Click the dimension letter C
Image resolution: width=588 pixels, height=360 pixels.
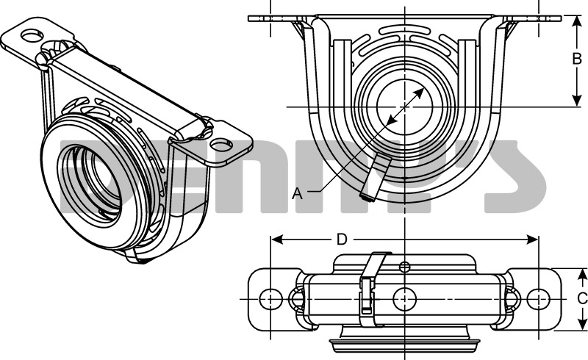[x=581, y=298]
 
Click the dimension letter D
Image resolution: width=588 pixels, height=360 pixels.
[x=341, y=239]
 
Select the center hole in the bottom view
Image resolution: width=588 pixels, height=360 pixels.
[x=405, y=298]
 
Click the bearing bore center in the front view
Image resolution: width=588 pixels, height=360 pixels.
[x=405, y=107]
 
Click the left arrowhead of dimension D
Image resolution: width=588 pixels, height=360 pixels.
[x=276, y=239]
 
